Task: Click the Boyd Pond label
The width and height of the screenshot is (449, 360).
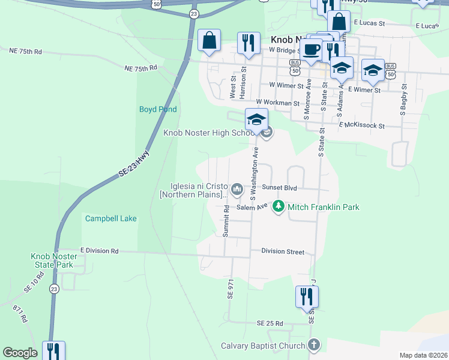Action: point(158,109)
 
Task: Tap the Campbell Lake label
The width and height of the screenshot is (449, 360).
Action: point(110,218)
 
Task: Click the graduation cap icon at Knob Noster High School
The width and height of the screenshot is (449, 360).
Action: point(256,119)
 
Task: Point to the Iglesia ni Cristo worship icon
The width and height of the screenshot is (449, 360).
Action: point(237,190)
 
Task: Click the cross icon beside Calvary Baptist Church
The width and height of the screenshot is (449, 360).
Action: point(313,344)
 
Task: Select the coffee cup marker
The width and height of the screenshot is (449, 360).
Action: point(311,49)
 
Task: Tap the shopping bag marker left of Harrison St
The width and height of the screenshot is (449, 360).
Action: point(209,41)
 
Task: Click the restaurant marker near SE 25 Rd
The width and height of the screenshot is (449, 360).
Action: point(307,296)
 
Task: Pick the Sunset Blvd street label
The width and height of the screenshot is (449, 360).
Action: point(279,188)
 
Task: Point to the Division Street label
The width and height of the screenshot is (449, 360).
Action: point(282,252)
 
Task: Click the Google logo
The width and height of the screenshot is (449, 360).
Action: point(20,353)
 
